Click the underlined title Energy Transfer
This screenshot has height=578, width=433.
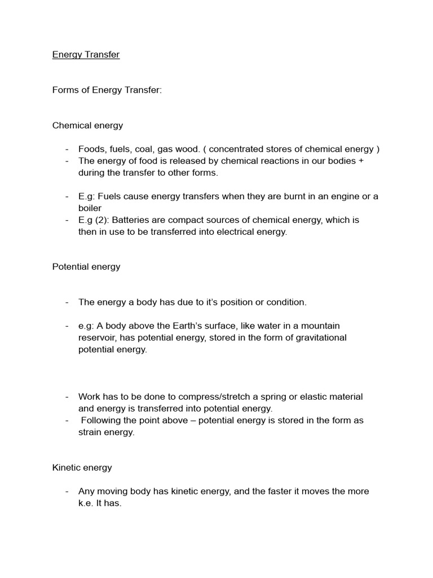click(86, 55)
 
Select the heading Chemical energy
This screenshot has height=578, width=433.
click(87, 125)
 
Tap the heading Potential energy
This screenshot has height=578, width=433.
click(86, 266)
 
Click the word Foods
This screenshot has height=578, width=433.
click(91, 149)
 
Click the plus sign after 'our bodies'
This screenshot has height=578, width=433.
click(361, 161)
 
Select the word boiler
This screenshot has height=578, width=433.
click(90, 208)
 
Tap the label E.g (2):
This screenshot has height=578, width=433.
click(94, 220)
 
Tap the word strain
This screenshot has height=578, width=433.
click(90, 432)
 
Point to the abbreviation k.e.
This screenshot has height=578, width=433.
click(87, 503)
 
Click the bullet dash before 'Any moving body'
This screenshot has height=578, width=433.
click(67, 491)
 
